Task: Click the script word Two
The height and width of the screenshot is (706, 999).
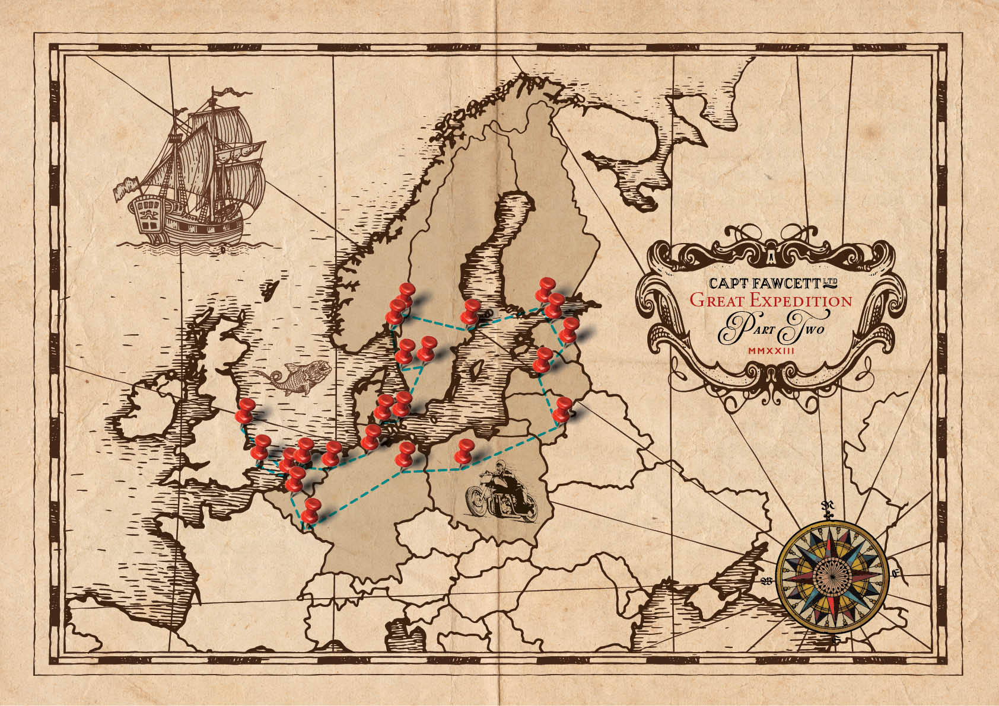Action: pyautogui.click(x=801, y=329)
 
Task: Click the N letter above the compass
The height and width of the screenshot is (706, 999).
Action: pyautogui.click(x=825, y=505)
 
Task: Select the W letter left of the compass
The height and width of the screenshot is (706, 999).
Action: pyautogui.click(x=766, y=580)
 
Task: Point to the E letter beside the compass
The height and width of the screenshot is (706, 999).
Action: pyautogui.click(x=896, y=573)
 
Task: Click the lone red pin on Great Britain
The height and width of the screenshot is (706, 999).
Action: pyautogui.click(x=245, y=410)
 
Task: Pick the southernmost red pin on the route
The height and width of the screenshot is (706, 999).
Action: pyautogui.click(x=310, y=511)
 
